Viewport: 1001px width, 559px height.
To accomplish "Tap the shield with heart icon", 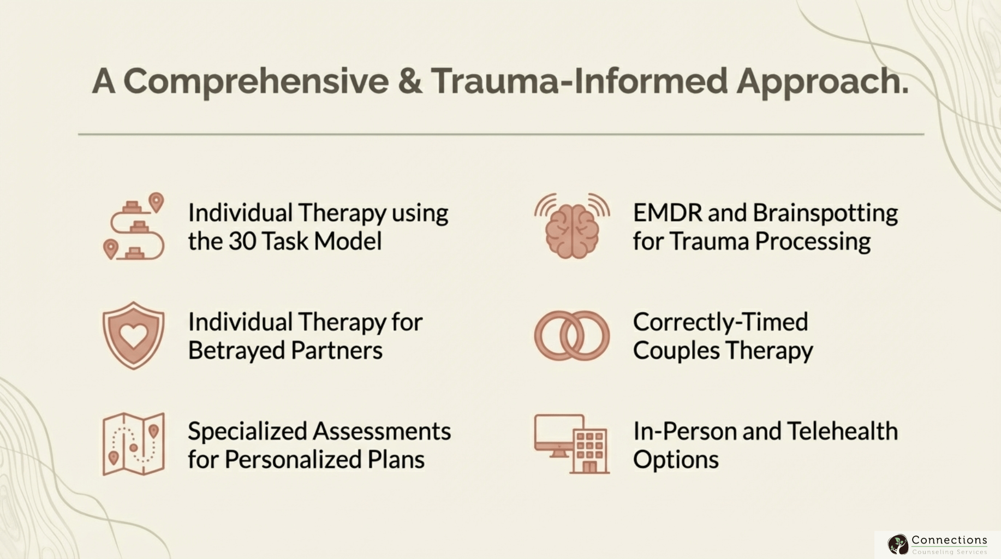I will point(133,335).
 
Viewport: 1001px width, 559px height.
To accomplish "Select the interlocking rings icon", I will point(571,336).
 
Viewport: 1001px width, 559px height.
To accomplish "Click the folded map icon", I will point(133,444).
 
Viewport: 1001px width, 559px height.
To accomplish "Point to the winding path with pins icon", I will point(133,227).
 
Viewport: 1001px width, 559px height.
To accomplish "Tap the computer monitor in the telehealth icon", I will point(558,434).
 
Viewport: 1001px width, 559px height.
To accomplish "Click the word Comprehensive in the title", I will point(256,81).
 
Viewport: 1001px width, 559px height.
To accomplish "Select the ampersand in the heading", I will point(410,81).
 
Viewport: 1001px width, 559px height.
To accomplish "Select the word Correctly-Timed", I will point(720,322).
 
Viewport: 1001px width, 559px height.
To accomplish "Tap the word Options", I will point(676,460).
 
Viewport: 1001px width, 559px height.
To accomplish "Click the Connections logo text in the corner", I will point(949,540).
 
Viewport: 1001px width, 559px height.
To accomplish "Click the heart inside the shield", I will point(133,333).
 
